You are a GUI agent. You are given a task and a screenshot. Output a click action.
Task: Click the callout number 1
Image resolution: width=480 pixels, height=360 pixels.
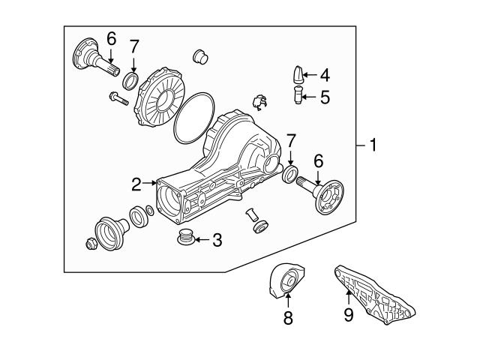(371, 145)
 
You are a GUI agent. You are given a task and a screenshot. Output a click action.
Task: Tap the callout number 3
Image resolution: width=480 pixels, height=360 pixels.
(217, 240)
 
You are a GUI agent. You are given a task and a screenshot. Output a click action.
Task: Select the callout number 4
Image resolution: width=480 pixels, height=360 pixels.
(324, 75)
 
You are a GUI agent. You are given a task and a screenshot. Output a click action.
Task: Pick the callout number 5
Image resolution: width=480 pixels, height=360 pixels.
(324, 97)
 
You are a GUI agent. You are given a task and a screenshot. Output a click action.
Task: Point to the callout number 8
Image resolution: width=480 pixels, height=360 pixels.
(287, 316)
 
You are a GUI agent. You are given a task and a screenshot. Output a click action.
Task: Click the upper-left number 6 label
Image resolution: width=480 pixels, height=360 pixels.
(111, 38)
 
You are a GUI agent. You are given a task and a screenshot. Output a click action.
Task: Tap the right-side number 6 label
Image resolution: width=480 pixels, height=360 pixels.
(318, 160)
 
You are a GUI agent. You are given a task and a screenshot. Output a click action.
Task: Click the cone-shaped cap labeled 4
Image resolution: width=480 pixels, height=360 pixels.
(297, 76)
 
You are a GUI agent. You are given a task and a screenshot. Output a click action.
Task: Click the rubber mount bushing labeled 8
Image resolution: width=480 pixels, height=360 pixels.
(285, 283)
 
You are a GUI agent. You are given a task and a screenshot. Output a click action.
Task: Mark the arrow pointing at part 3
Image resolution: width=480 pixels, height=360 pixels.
(200, 240)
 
